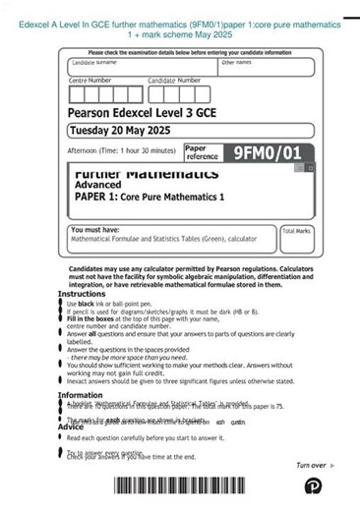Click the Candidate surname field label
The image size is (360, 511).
point(94,62)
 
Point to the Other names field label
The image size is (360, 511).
point(236,62)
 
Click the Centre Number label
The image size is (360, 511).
point(90,81)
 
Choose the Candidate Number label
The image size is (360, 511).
point(174,81)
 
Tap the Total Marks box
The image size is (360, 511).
point(296,238)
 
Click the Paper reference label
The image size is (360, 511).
point(203,152)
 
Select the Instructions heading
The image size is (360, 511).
point(82,294)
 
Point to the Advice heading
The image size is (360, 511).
point(71,426)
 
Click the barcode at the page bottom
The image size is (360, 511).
point(205,484)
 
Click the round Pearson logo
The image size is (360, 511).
point(313,485)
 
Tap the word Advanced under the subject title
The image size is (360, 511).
point(98,185)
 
